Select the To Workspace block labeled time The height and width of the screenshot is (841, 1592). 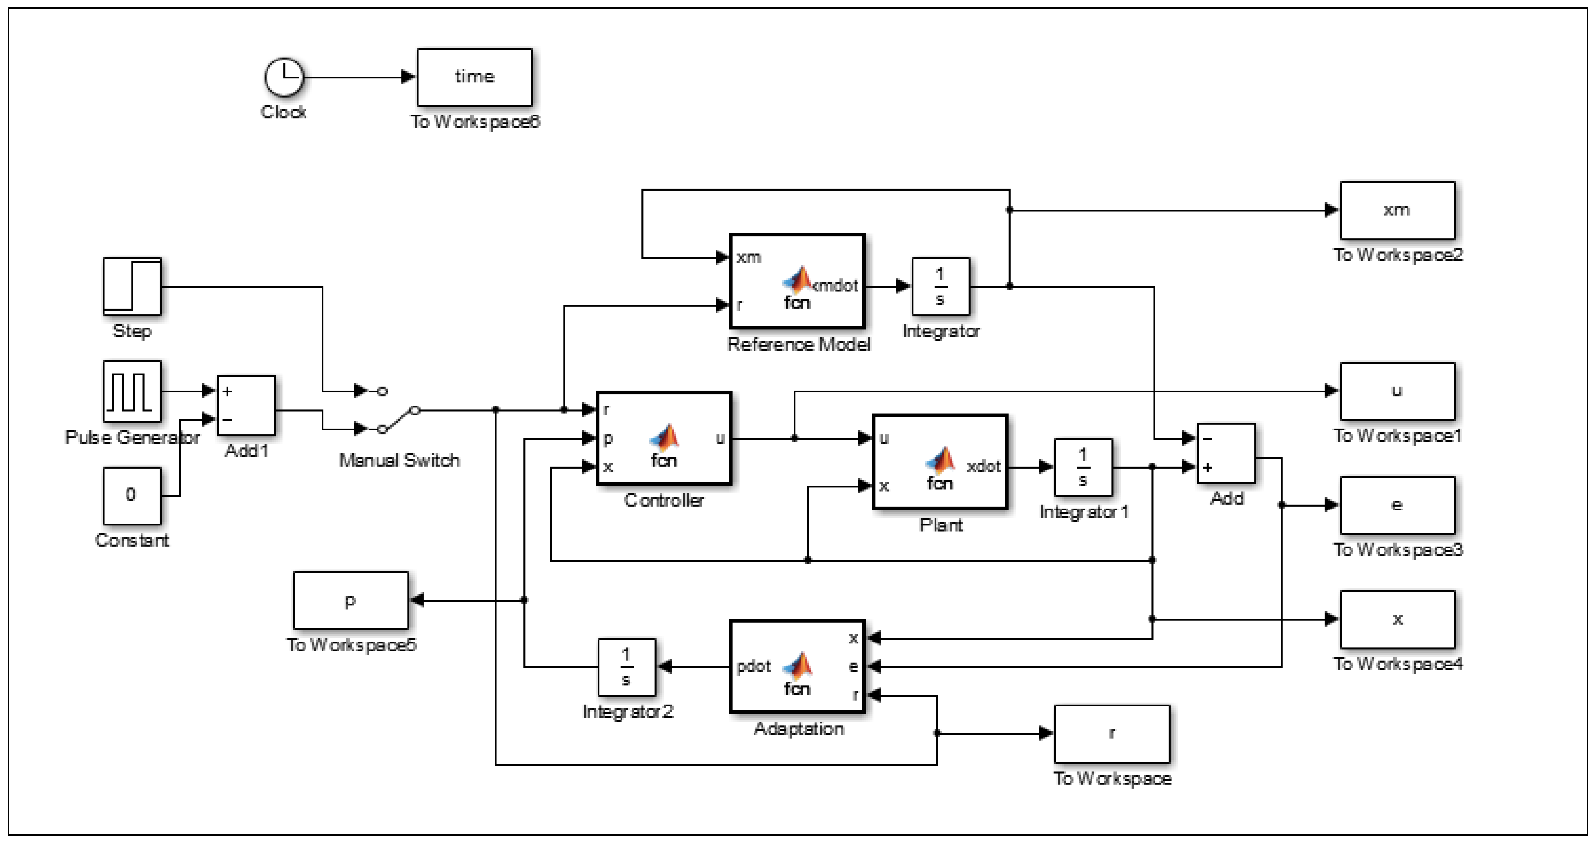(474, 77)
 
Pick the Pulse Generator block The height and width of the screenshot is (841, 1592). (132, 391)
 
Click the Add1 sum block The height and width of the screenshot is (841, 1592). (246, 405)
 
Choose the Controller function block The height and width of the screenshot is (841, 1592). (664, 438)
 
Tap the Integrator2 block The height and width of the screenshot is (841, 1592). (626, 667)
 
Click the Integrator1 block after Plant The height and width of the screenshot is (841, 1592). (1083, 467)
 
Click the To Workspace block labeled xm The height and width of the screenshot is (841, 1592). (1397, 210)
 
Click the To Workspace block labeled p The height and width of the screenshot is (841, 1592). (351, 600)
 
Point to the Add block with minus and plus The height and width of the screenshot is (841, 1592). (1226, 453)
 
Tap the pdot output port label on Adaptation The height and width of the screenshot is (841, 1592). (753, 666)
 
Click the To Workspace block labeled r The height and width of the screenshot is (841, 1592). (1112, 734)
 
